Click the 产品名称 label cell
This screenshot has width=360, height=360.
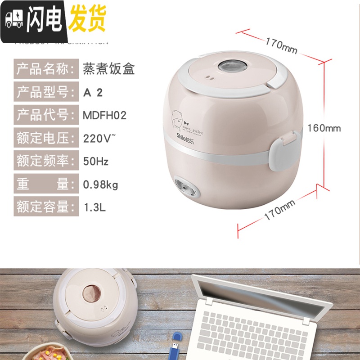pos(45,69)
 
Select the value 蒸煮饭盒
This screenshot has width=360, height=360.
pos(109,69)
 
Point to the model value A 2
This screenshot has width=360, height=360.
pos(93,92)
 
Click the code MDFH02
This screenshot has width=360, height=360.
pos(104,115)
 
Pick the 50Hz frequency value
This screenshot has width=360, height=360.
pos(96,161)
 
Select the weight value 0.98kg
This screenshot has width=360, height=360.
pos(101,184)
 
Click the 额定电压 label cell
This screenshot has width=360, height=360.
pos(45,138)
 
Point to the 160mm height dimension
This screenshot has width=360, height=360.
pos(324,128)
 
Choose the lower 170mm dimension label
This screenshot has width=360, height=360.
pos(279,210)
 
